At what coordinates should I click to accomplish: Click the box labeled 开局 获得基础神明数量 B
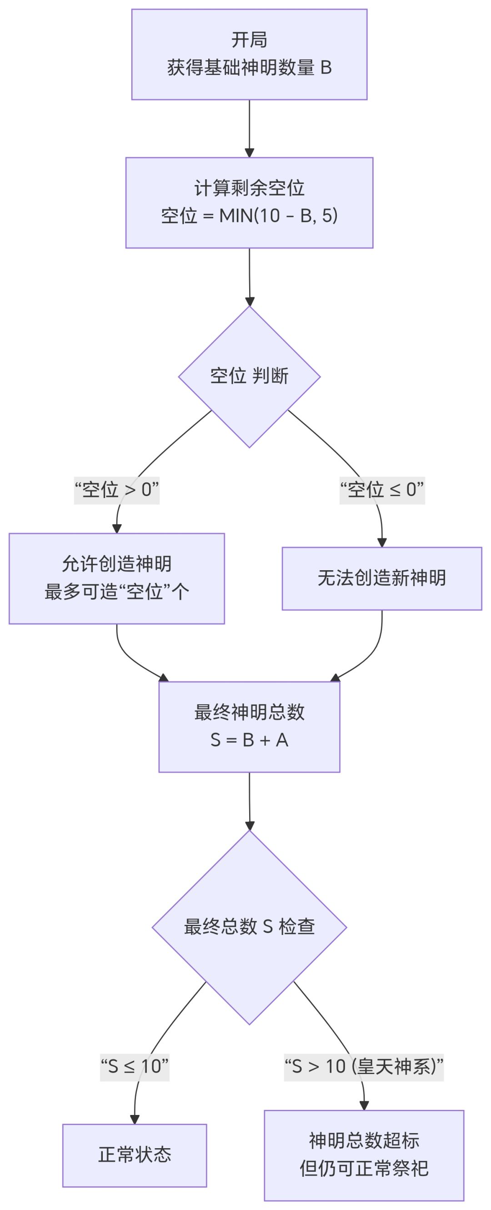[x=249, y=54]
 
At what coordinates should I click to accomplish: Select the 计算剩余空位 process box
[x=249, y=188]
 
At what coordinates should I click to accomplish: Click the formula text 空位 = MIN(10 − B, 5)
[x=249, y=216]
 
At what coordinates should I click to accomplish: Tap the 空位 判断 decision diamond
[x=249, y=376]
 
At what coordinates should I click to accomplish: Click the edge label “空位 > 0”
[x=116, y=490]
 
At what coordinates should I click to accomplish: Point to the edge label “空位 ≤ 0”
[x=381, y=490]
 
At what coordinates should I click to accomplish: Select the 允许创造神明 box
[x=116, y=564]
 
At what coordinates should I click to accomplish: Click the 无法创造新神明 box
[x=381, y=578]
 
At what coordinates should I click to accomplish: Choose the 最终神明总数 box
[x=249, y=712]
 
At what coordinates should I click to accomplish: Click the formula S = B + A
[x=249, y=740]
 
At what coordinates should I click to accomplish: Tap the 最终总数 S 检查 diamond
[x=249, y=927]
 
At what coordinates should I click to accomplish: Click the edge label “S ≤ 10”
[x=134, y=1066]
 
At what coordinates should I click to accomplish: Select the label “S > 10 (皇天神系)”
[x=363, y=1066]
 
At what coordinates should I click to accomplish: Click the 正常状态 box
[x=134, y=1155]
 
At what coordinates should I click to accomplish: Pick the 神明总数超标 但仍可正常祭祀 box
[x=363, y=1155]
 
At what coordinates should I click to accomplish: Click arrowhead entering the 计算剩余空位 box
[x=249, y=153]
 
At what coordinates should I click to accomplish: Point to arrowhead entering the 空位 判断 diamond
[x=249, y=301]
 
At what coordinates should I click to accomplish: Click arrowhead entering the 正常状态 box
[x=134, y=1120]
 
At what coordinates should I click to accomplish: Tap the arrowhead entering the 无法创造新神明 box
[x=381, y=542]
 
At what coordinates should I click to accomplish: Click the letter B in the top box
[x=326, y=68]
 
